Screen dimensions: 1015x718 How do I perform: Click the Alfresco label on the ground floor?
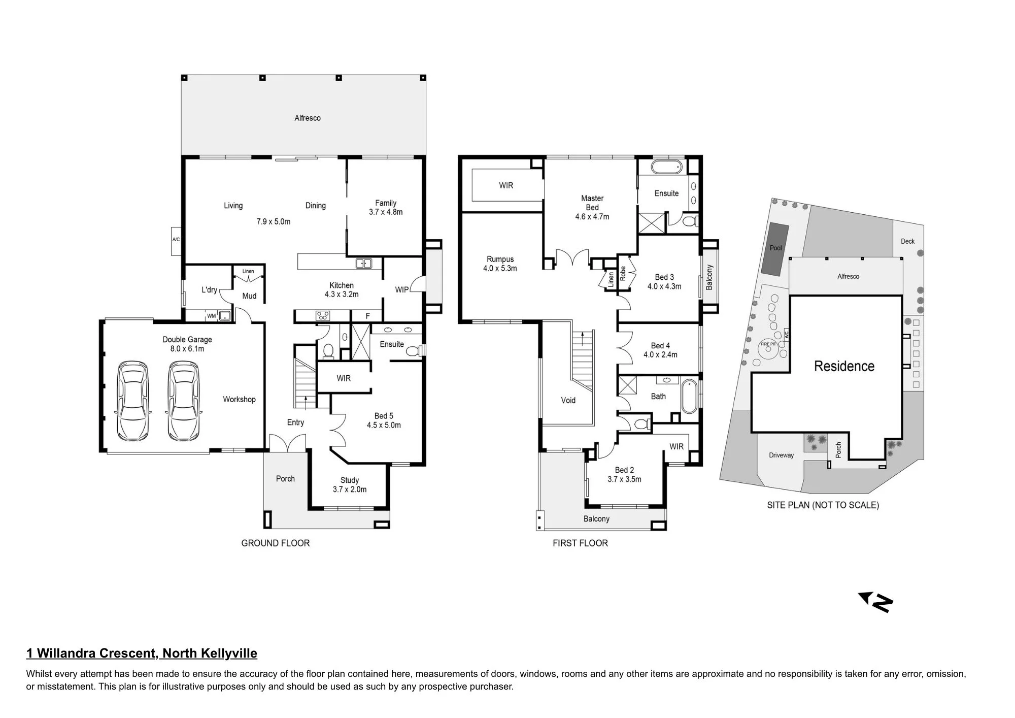[308, 118]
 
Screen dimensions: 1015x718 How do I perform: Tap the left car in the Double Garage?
[133, 401]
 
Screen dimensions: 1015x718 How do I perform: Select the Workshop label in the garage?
[239, 400]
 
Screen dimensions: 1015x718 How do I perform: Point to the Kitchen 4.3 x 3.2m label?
[342, 290]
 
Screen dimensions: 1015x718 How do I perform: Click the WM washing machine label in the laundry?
[211, 316]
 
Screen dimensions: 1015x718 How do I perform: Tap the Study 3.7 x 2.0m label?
[350, 485]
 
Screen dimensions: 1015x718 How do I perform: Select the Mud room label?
[249, 296]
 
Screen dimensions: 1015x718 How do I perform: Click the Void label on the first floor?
[568, 400]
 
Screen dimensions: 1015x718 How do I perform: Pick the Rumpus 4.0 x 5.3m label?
[500, 264]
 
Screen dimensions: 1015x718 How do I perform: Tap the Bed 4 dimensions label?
[660, 355]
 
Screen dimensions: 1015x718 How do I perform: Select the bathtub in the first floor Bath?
[690, 396]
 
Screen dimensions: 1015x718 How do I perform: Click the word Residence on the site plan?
[844, 366]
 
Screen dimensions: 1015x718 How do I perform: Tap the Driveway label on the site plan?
[781, 455]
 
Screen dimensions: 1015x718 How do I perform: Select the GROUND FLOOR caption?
[276, 543]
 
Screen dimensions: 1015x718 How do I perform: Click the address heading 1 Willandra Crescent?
[142, 654]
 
